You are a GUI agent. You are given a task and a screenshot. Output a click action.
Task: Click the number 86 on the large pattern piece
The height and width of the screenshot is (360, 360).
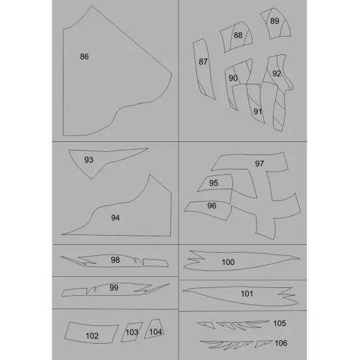pos(84,56)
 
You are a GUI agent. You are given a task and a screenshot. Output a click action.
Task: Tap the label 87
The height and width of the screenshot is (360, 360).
pos(203,62)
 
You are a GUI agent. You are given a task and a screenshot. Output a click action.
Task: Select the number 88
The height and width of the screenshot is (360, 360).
pos(238,35)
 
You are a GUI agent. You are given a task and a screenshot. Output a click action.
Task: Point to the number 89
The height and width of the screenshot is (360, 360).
pos(275,21)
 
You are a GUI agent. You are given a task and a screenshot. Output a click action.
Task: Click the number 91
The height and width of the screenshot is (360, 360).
pos(258,111)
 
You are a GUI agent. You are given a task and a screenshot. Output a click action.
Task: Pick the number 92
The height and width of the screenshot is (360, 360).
pos(277,73)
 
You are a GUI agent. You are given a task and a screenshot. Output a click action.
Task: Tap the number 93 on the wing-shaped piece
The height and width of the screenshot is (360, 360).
pos(88,160)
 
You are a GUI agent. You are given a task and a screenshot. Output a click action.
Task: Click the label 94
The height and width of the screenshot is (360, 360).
pos(115,218)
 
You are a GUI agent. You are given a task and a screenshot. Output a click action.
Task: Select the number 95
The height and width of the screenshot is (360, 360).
pos(213,183)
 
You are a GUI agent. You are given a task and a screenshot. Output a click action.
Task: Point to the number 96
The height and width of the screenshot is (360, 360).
pos(211,206)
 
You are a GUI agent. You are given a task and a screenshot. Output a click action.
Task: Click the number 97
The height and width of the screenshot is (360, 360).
pos(259,164)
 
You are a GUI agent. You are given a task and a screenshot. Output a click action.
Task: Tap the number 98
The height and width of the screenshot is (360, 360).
pos(115,260)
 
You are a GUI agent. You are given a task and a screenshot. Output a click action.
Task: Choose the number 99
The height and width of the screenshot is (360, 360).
pos(114,287)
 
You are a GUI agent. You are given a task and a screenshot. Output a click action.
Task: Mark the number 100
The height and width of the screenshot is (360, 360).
pos(228,262)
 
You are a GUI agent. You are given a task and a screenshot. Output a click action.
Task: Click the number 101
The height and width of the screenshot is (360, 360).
pos(247,293)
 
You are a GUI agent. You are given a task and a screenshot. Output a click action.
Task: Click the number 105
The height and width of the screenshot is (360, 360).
pos(279,323)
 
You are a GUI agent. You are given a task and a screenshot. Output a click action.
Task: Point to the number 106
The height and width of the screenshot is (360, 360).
pos(281,343)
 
